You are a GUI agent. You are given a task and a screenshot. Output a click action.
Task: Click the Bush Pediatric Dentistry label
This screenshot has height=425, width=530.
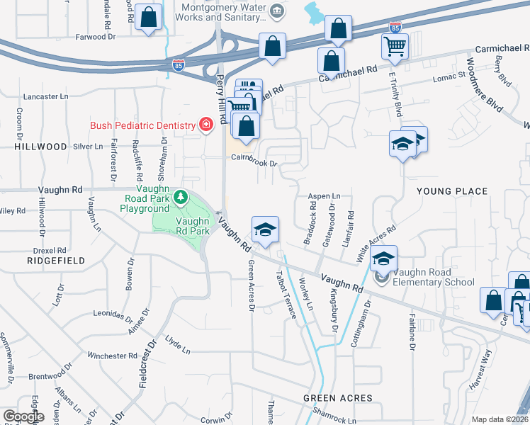pyautogui.click(x=142, y=125)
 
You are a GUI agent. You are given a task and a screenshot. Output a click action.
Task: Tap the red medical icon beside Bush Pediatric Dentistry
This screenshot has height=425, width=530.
pyautogui.click(x=205, y=125)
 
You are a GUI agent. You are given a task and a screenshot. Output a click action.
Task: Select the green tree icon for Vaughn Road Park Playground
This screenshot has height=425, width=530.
pyautogui.click(x=181, y=196)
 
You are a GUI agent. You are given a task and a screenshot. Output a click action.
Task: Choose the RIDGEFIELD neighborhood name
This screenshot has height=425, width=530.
pyautogui.click(x=56, y=261)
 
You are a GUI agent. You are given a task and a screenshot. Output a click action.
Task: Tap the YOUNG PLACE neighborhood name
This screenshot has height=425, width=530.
pyautogui.click(x=452, y=191)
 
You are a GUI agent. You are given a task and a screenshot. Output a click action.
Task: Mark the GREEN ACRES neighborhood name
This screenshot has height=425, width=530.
pyautogui.click(x=334, y=398)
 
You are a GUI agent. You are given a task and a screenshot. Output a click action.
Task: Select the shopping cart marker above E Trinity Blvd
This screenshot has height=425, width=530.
pyautogui.click(x=395, y=47)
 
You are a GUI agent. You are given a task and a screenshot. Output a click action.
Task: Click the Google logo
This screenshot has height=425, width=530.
pyautogui.click(x=23, y=416)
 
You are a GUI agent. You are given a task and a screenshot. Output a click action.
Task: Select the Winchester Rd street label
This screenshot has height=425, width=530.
pyautogui.click(x=112, y=356)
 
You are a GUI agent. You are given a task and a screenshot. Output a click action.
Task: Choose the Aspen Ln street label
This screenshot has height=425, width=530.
pyautogui.click(x=324, y=196)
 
